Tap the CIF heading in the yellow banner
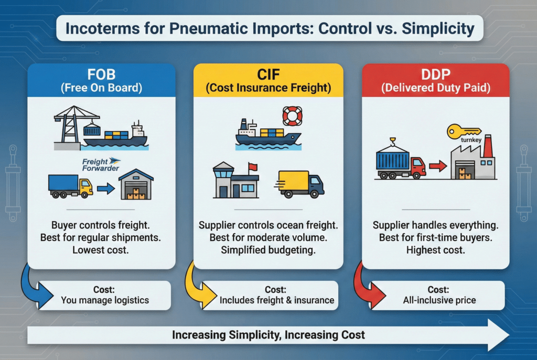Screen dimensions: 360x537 pos(268,74)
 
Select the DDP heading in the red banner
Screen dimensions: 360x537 pos(435,74)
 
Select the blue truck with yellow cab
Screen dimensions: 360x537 pos(70,186)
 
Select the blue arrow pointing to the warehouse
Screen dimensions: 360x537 pos(105,188)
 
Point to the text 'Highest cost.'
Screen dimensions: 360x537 pos(435,250)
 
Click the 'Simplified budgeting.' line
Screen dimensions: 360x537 pos(268,250)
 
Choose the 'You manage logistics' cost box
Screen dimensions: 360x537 pos(105,295)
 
